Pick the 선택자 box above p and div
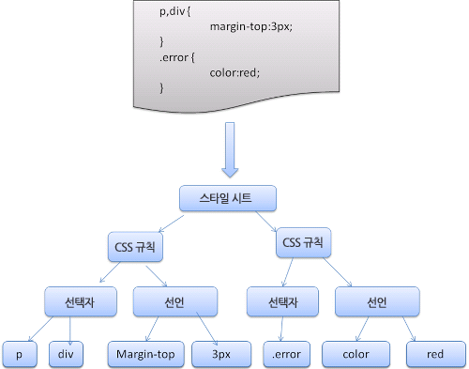(x=80, y=301)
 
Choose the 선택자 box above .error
(x=279, y=301)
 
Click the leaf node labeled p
(x=19, y=354)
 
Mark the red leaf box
(x=434, y=354)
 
